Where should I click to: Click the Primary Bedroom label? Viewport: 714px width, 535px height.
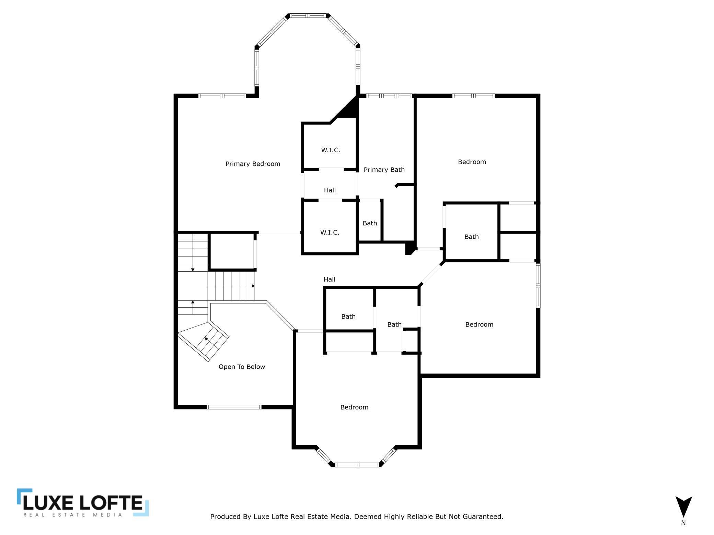(253, 164)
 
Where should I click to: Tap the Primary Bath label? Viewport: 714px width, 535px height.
(384, 170)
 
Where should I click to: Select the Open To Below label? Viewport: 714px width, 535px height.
(242, 367)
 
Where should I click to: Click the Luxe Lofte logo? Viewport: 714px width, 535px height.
(83, 502)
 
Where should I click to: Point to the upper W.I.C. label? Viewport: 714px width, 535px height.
(331, 150)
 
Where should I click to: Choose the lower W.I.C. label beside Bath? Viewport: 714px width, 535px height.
(330, 233)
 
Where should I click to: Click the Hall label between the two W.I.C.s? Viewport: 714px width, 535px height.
(330, 190)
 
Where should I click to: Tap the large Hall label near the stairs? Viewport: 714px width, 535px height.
(330, 280)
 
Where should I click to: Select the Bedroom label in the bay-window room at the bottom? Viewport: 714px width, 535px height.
(354, 407)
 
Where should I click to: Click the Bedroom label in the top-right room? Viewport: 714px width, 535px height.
(472, 162)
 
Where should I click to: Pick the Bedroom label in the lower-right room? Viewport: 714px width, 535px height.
(479, 324)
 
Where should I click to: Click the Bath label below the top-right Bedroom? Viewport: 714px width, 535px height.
(471, 237)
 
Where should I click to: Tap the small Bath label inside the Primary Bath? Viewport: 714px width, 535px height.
(370, 223)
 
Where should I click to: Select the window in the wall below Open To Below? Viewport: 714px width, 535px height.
(234, 407)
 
